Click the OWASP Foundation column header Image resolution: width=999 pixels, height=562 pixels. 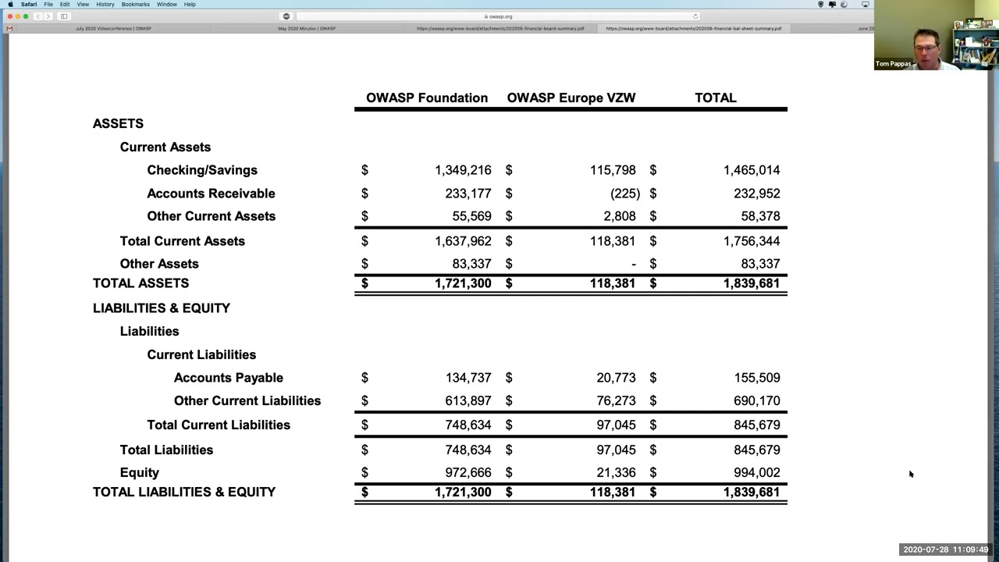click(x=427, y=98)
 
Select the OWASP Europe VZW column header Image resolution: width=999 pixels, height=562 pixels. click(x=571, y=98)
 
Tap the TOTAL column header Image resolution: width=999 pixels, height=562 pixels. click(x=716, y=98)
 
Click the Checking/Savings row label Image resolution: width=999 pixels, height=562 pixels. click(x=202, y=170)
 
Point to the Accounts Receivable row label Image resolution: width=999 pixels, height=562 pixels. click(x=211, y=194)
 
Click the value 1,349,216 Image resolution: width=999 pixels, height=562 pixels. click(x=463, y=170)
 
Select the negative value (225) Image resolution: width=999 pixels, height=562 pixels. click(x=625, y=194)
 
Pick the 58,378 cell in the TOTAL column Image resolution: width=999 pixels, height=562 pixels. click(x=760, y=216)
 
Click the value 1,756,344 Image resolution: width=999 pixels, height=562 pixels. click(x=751, y=241)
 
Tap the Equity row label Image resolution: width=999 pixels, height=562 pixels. click(x=140, y=473)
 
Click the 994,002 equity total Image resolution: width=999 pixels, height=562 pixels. click(x=756, y=473)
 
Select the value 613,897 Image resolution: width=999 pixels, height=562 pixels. click(x=468, y=401)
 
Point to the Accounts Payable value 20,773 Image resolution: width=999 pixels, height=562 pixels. click(x=616, y=378)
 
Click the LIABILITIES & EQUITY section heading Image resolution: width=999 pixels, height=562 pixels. click(x=162, y=308)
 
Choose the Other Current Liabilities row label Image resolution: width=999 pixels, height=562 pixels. click(x=247, y=401)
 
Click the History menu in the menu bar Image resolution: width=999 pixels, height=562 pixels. click(x=105, y=5)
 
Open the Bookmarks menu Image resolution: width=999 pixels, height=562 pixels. click(x=136, y=5)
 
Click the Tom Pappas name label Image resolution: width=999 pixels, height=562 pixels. click(x=893, y=64)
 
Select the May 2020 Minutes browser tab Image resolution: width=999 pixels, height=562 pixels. click(x=307, y=29)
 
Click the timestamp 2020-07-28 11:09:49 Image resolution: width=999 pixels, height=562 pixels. click(x=946, y=550)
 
